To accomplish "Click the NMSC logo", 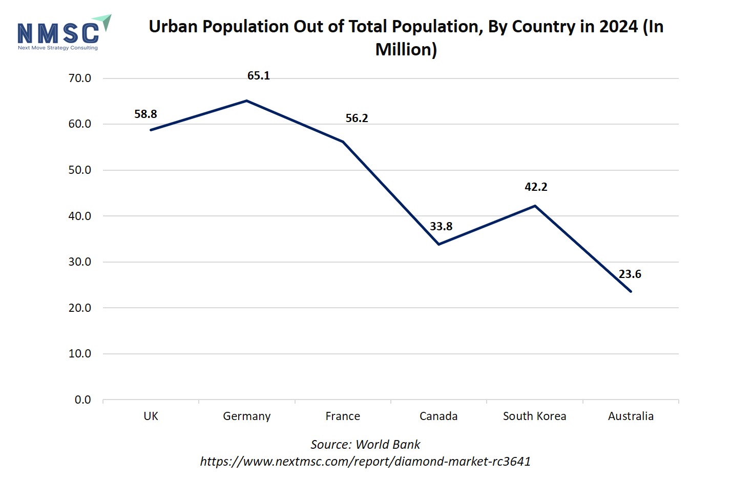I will tap(62, 32).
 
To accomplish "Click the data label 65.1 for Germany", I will tap(258, 75).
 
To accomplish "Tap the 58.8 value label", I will tap(145, 114).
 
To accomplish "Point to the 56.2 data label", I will tap(357, 118).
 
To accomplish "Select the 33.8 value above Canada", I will tap(441, 226).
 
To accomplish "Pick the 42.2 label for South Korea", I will tap(536, 187).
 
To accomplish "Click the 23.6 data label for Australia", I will tap(630, 274).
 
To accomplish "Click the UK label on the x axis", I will tap(151, 416).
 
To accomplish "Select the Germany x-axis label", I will tap(246, 416).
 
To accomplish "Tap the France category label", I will tap(343, 416).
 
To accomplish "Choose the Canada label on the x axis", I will tap(438, 416).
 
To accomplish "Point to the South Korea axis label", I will tap(534, 416).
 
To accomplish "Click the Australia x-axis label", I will tap(631, 416).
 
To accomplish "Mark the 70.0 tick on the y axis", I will tap(80, 78).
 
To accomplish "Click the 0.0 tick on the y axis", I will tap(82, 400).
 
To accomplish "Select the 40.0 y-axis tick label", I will tap(80, 216).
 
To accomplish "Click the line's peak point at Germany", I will tap(246, 101).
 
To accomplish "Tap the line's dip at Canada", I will tap(438, 244).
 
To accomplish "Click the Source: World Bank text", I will tap(365, 444).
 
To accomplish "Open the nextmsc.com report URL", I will tap(365, 461).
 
